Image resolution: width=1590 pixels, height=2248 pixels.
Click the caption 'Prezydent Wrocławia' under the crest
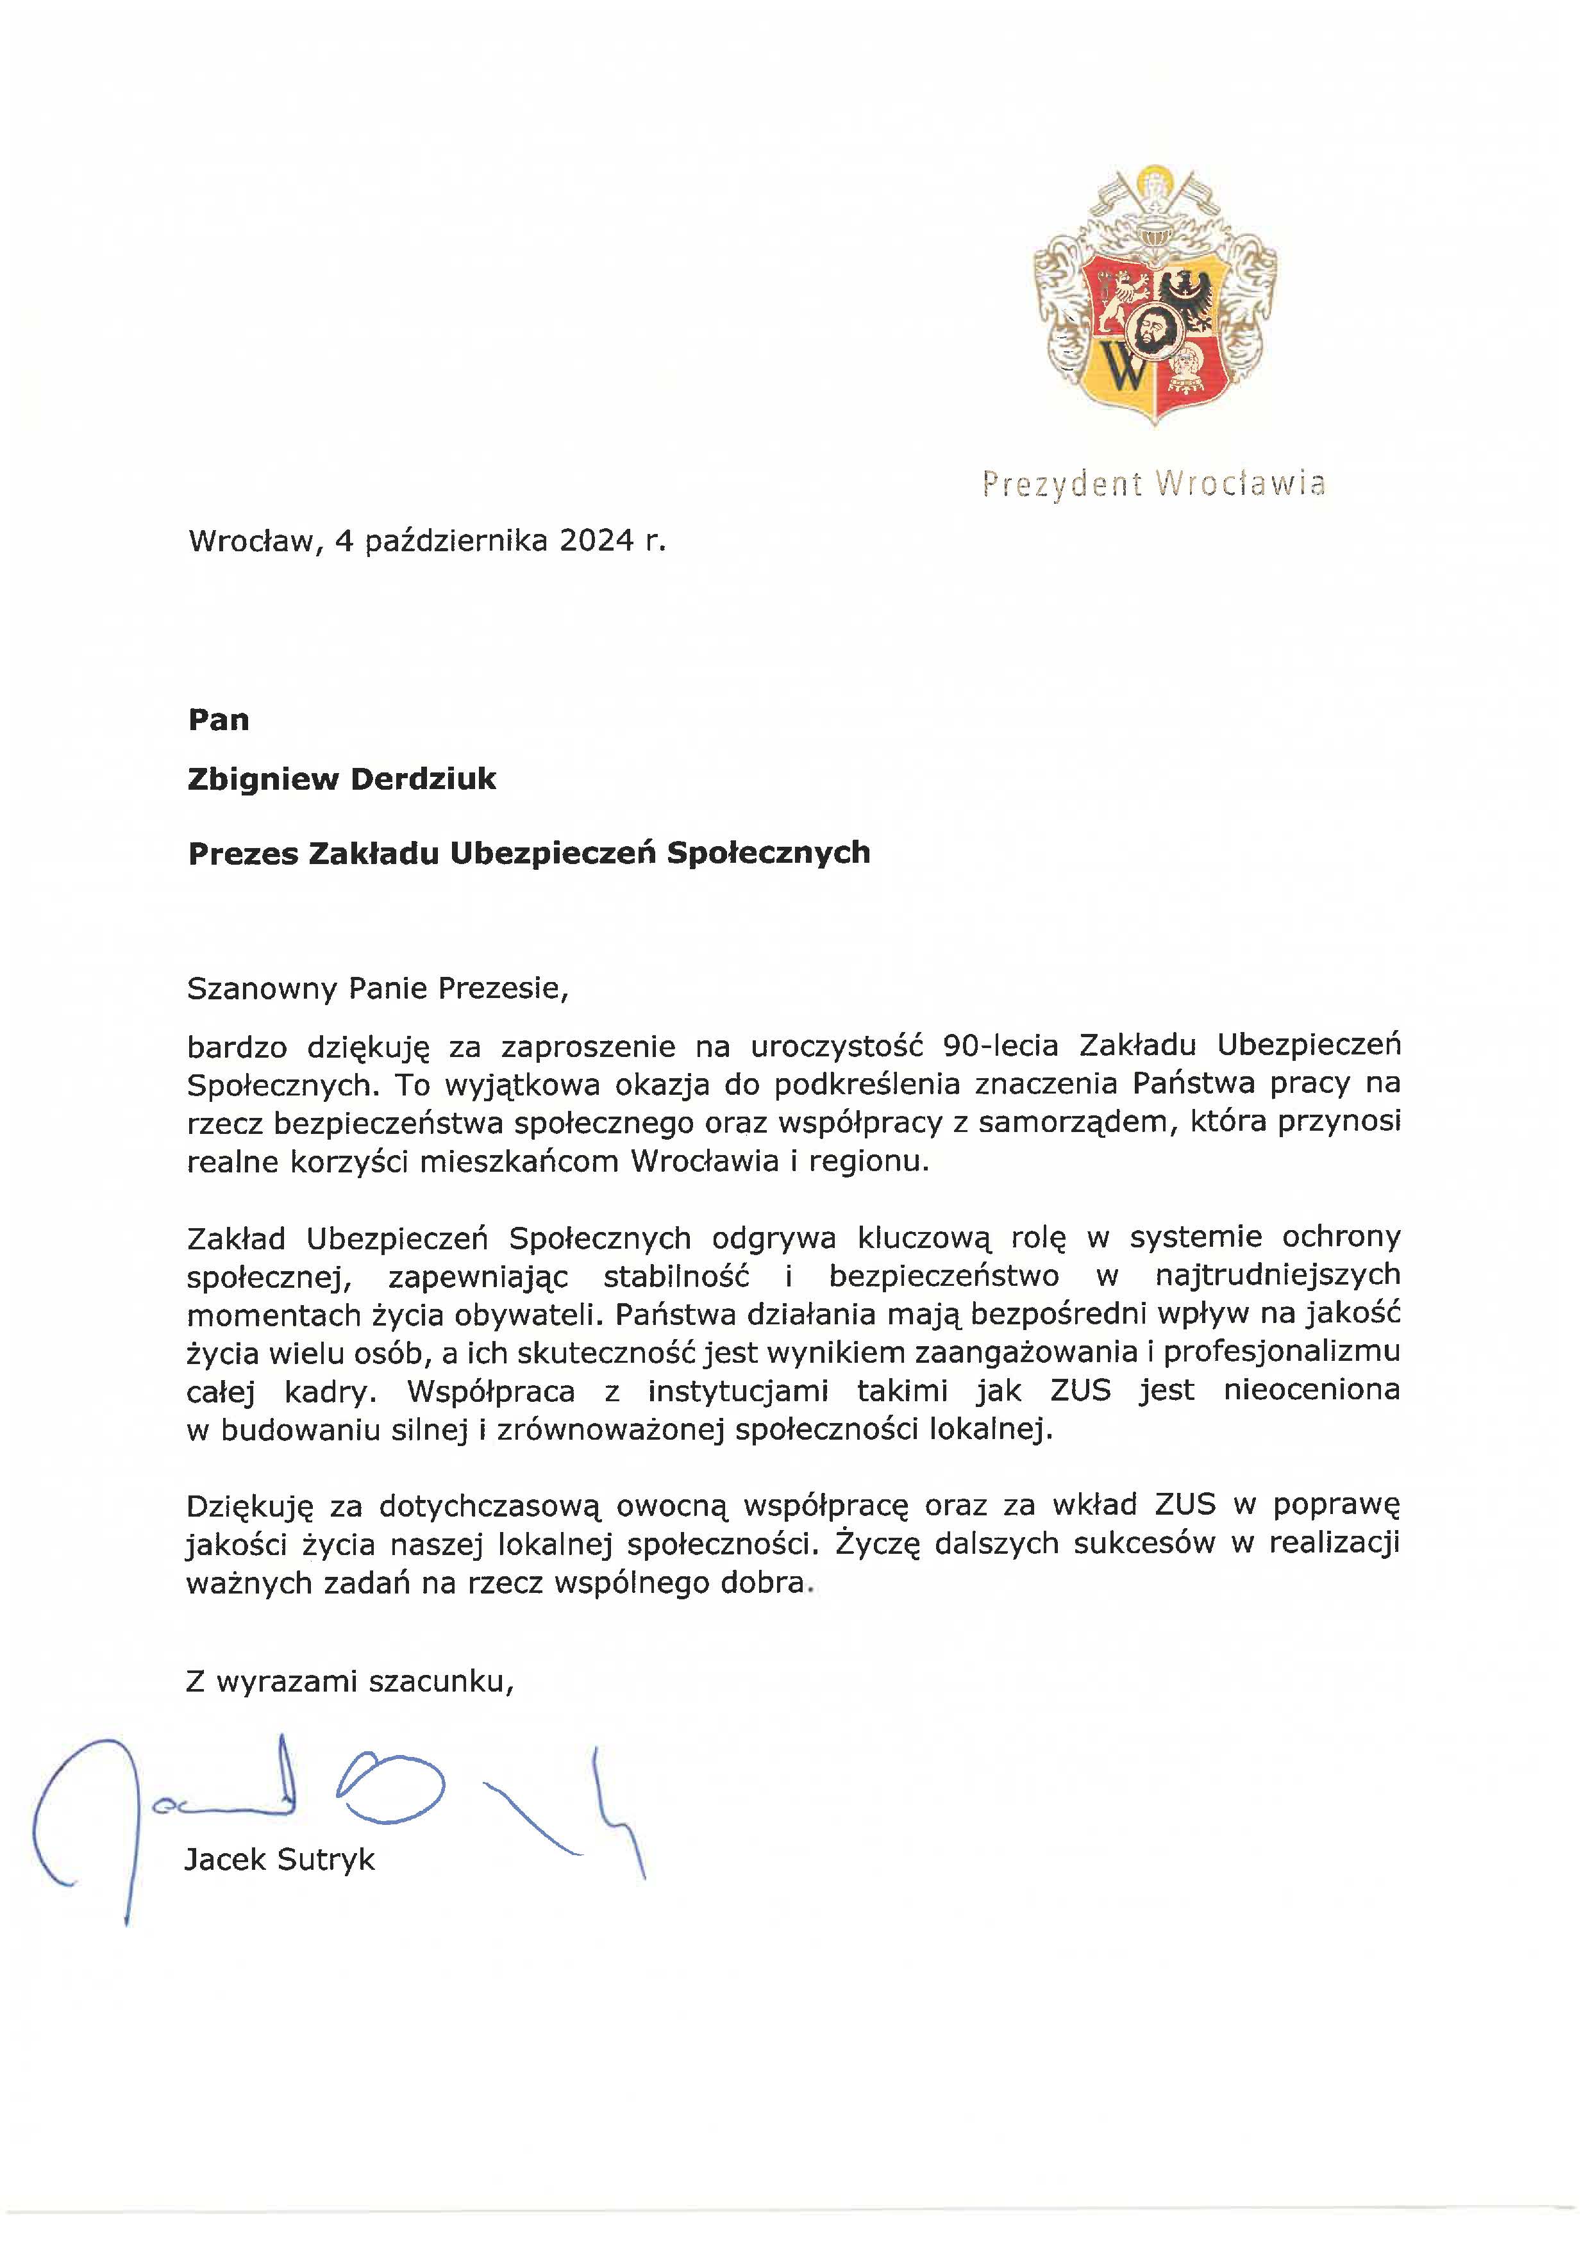[1154, 484]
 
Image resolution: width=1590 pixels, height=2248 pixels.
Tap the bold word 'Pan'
[219, 720]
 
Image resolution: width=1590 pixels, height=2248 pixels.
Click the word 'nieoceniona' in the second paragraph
[1311, 1390]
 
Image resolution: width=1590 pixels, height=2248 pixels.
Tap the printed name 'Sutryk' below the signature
[326, 1860]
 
